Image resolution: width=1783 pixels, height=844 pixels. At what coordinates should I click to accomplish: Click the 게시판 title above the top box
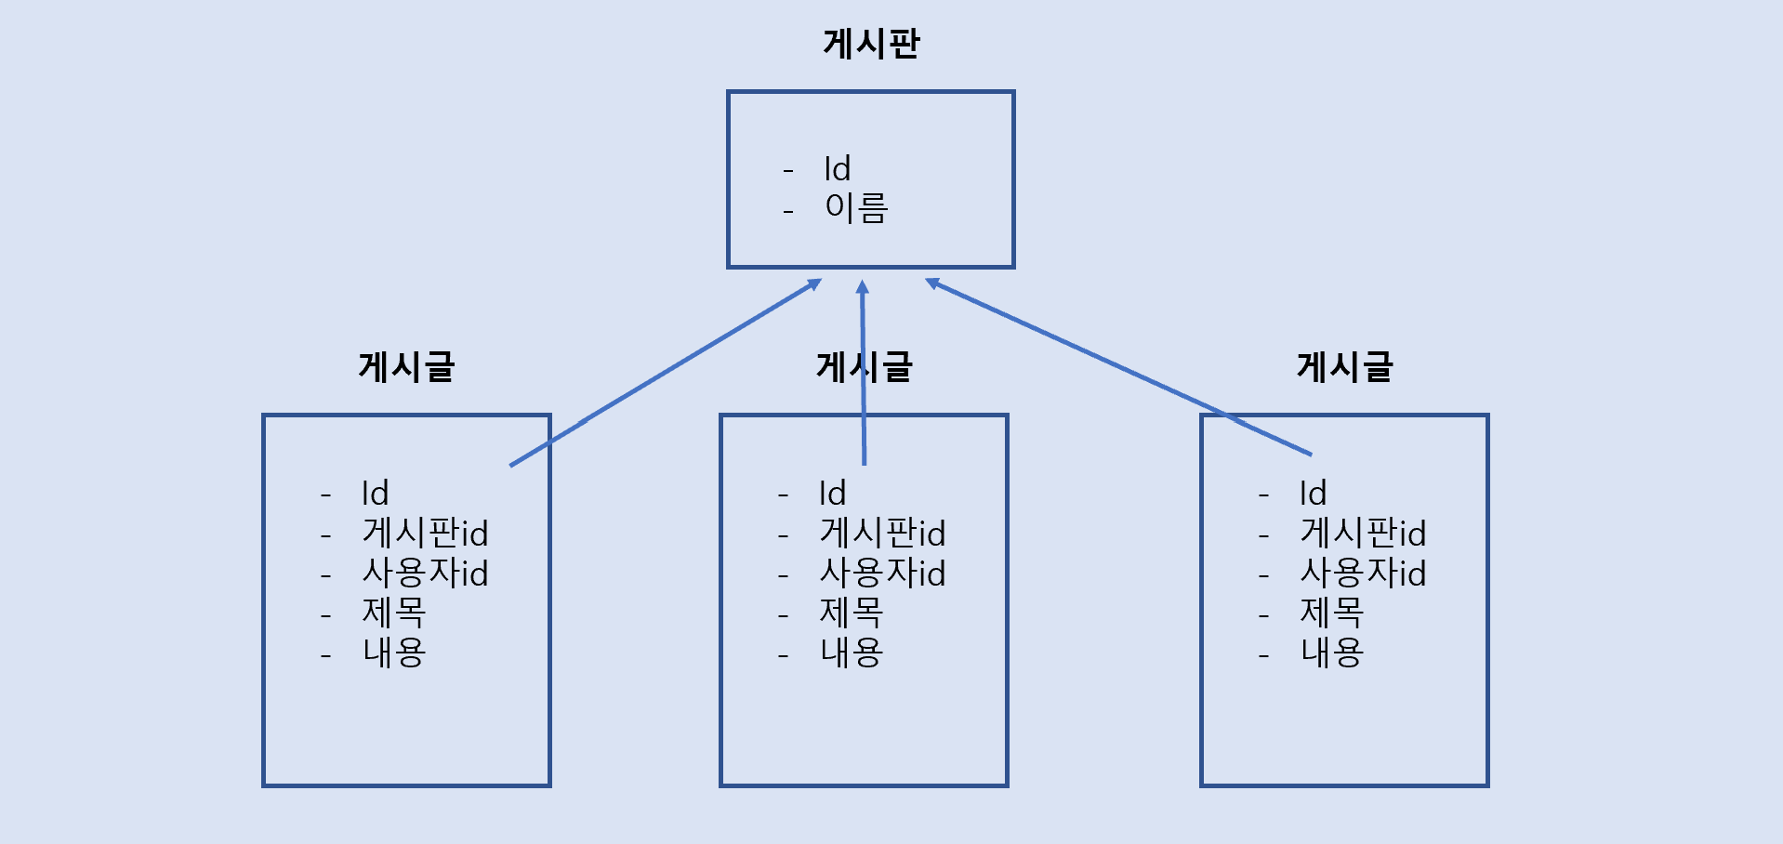[x=871, y=44]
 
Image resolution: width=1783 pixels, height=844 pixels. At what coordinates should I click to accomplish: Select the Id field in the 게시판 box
[x=837, y=169]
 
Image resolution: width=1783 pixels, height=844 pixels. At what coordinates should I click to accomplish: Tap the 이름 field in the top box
[x=856, y=207]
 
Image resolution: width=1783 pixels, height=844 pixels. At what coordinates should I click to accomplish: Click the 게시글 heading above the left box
[x=406, y=367]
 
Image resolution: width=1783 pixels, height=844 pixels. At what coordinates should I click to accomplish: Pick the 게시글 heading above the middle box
[x=865, y=367]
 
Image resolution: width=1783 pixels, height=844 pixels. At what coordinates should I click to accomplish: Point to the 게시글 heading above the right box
[x=1344, y=367]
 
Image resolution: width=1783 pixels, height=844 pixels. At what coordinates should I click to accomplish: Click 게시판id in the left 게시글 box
[x=425, y=534]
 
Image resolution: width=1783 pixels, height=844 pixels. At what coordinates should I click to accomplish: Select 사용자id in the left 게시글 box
[x=425, y=574]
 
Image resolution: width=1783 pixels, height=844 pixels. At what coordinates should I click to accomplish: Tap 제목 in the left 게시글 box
[x=394, y=613]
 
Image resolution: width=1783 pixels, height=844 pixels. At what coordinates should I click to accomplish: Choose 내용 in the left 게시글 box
[x=394, y=653]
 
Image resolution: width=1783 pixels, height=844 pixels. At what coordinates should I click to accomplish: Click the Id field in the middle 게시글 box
[x=832, y=494]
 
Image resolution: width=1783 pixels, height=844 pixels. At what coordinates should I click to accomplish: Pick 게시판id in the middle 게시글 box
[x=882, y=534]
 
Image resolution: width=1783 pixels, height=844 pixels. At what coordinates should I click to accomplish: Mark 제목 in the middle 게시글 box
[x=852, y=613]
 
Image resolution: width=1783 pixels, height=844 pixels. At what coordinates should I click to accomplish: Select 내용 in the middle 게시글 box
[x=852, y=653]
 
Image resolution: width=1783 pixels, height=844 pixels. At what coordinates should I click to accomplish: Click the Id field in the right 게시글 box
[x=1313, y=494]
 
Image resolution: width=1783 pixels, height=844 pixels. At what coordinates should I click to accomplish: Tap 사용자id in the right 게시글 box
[x=1363, y=574]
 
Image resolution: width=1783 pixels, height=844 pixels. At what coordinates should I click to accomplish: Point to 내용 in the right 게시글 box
[x=1332, y=653]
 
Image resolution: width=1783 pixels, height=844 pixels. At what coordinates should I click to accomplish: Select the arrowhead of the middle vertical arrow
[x=862, y=287]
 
